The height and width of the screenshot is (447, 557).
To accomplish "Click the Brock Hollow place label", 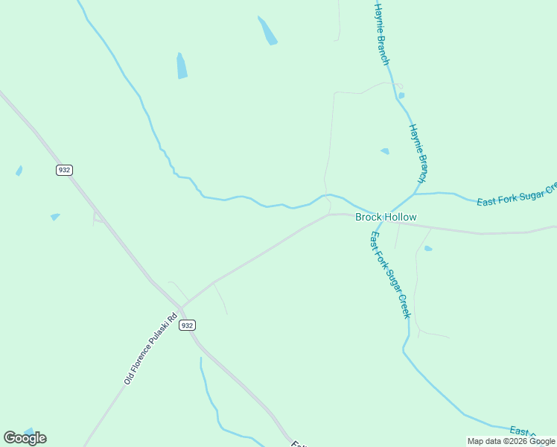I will [x=386, y=217].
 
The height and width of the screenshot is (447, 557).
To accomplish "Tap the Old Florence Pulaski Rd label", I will [x=150, y=349].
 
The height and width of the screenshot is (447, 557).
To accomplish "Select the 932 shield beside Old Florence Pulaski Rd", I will [x=187, y=325].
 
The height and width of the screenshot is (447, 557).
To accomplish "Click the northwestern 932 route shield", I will [x=64, y=170].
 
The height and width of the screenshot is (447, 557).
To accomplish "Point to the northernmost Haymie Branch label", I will [x=382, y=34].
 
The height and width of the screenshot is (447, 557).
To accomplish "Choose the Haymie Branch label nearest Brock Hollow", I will [x=418, y=153].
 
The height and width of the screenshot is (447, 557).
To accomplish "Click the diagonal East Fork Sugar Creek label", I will [x=390, y=274].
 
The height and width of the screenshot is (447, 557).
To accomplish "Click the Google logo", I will [x=25, y=437].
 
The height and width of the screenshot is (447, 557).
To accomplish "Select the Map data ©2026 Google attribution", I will [x=511, y=441].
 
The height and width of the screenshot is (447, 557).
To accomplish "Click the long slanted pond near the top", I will [x=267, y=31].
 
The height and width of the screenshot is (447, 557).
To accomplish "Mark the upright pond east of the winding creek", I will [x=181, y=66].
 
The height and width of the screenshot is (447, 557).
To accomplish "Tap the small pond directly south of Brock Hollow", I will [x=428, y=248].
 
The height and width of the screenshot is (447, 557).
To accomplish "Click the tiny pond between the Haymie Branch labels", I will [x=401, y=95].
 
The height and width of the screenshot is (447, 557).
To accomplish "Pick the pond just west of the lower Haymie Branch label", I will [x=385, y=151].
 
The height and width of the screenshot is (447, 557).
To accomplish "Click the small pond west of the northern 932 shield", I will [x=19, y=171].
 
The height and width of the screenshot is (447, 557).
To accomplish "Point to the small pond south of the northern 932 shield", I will [x=54, y=217].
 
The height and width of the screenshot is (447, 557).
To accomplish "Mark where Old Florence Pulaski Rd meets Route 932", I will [x=181, y=307].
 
